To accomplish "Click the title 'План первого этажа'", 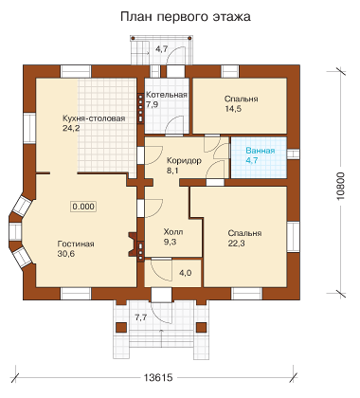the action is click(186, 16).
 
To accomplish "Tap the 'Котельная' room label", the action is click(167, 95).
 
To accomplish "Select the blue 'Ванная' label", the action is click(261, 151).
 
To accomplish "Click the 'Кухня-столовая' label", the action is click(94, 118).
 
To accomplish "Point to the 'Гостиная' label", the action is click(76, 244).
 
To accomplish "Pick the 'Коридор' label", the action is click(184, 161).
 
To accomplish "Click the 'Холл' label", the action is click(173, 232).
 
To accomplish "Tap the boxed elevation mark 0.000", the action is click(83, 207).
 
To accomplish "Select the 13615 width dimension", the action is click(158, 377).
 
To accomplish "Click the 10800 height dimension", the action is click(341, 186).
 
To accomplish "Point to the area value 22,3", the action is click(236, 244).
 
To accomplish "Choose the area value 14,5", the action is click(233, 109).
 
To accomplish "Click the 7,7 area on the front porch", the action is click(141, 317).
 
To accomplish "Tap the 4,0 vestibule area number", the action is click(186, 273).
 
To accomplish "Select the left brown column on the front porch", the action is click(121, 328).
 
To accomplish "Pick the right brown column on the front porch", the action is click(201, 328).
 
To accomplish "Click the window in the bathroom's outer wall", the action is click(293, 154).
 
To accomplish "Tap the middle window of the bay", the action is click(15, 232).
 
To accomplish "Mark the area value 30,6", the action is click(66, 254).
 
